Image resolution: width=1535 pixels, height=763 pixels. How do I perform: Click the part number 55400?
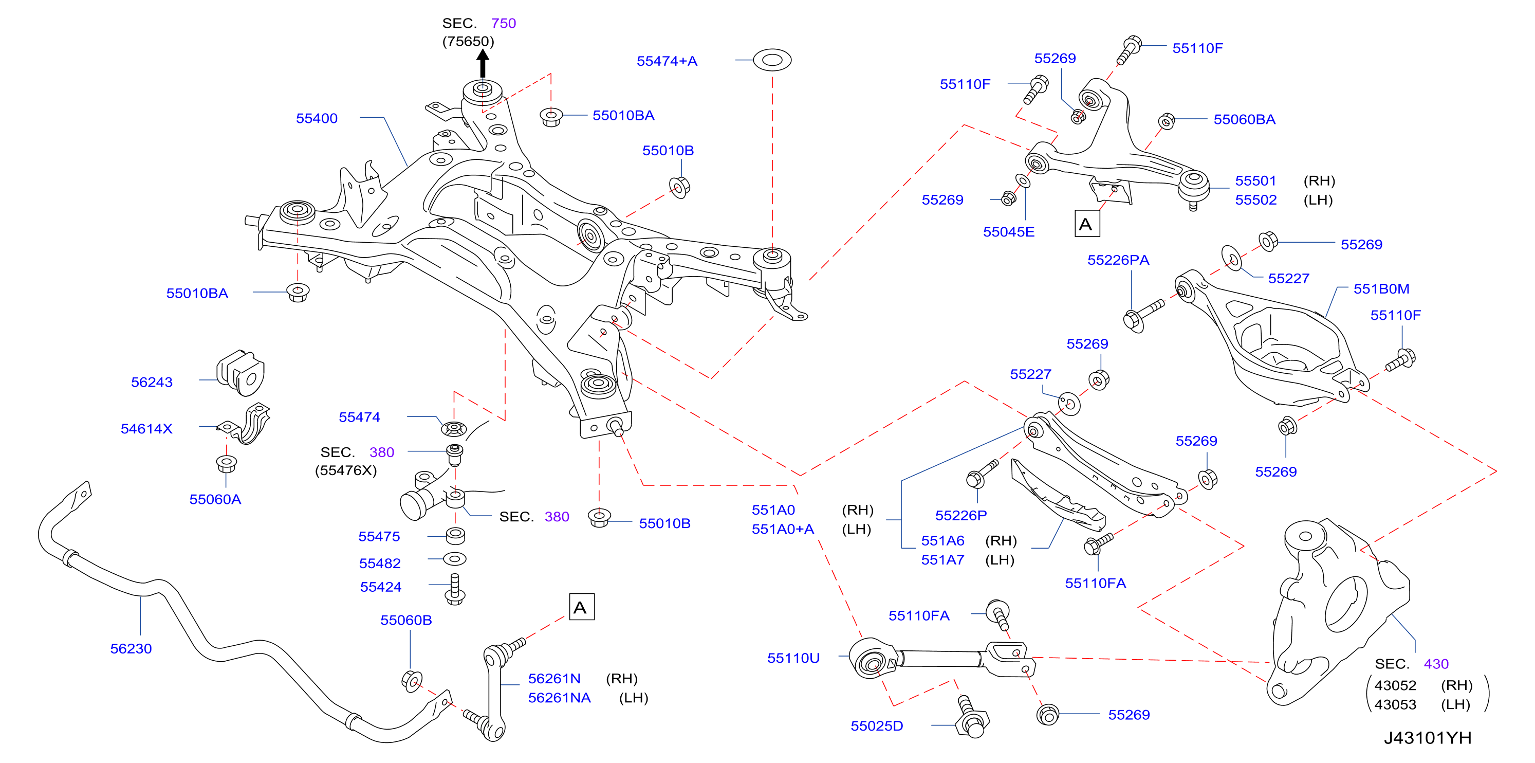pos(317,118)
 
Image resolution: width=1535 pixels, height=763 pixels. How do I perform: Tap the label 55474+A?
pos(667,61)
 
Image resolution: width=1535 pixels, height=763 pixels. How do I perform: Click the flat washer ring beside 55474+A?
pos(772,60)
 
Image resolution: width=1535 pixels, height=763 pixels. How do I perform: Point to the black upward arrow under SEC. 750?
pos(483,63)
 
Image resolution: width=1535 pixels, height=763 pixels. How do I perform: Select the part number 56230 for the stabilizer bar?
pos(131,648)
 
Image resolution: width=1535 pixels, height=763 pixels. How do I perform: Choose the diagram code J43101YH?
pos(1427,738)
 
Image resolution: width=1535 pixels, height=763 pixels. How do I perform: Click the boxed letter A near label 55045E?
pos(1087,224)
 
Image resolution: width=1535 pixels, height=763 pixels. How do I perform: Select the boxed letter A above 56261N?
pos(582,607)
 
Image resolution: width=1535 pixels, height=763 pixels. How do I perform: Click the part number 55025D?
pos(877,725)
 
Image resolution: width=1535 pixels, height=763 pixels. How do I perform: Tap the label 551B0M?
pos(1381,289)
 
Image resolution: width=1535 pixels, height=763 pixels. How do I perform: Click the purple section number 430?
pos(1436,664)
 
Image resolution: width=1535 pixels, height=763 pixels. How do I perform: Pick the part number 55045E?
pos(1009,232)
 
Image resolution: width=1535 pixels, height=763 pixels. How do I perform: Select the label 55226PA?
pos(1118,260)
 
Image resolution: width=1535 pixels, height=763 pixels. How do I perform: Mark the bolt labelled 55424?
pos(455,590)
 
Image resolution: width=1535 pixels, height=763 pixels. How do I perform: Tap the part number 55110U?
pos(793,658)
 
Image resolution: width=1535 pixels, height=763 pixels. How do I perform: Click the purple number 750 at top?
pos(504,23)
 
